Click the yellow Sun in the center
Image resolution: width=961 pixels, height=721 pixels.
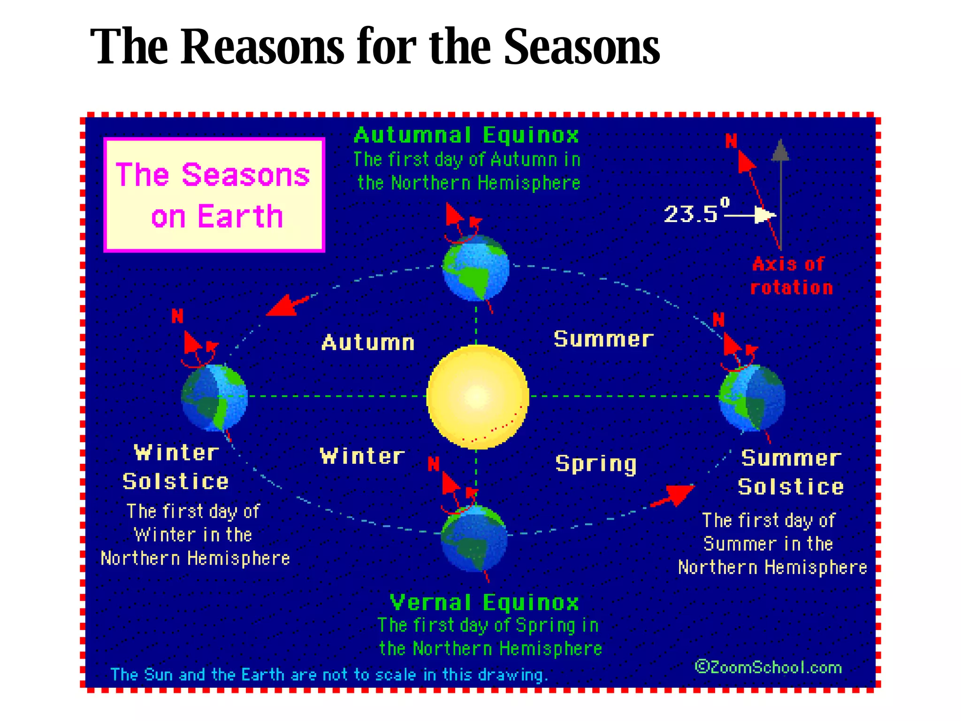pyautogui.click(x=477, y=397)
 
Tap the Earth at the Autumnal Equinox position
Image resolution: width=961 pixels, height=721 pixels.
pyautogui.click(x=476, y=268)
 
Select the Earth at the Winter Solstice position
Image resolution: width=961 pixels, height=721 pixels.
pyautogui.click(x=214, y=397)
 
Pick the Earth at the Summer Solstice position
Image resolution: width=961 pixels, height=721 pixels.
pyautogui.click(x=752, y=397)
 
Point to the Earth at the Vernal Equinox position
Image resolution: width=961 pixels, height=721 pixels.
pyautogui.click(x=474, y=538)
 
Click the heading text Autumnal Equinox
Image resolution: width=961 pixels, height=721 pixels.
pyautogui.click(x=466, y=135)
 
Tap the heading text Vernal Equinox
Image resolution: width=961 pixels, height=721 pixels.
pyautogui.click(x=484, y=603)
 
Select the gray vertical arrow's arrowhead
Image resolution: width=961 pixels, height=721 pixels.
pyautogui.click(x=780, y=150)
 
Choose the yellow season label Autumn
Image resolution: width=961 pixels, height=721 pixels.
pyautogui.click(x=368, y=342)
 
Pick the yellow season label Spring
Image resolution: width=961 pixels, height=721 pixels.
pyautogui.click(x=596, y=464)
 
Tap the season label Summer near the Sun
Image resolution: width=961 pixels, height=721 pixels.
pyautogui.click(x=603, y=339)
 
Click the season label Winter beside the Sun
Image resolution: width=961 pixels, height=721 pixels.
pyautogui.click(x=362, y=456)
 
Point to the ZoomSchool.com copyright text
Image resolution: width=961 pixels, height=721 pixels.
pyautogui.click(x=769, y=667)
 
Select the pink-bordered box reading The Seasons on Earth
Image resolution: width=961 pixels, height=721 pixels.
pyautogui.click(x=214, y=195)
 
